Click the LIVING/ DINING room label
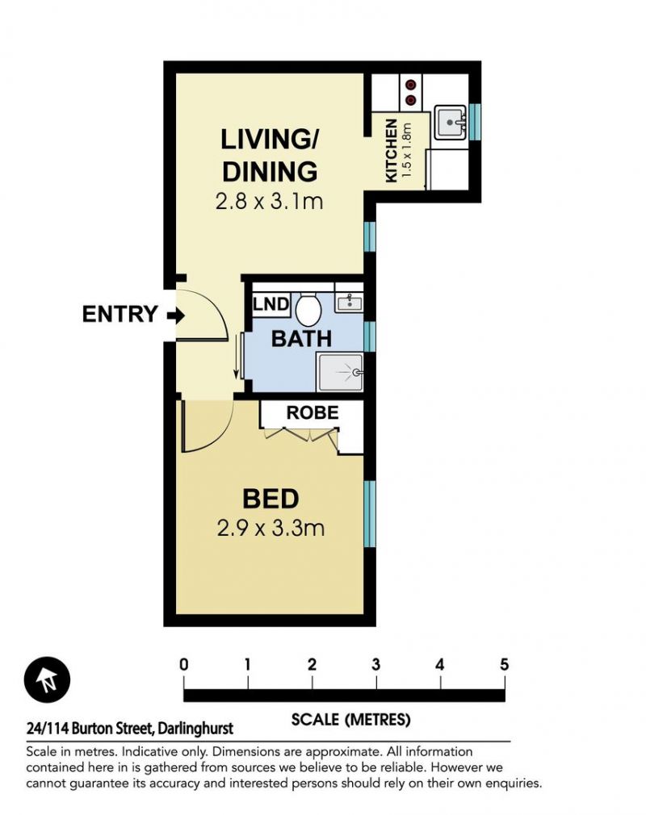click(x=270, y=156)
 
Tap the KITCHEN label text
click(x=392, y=151)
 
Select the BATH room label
click(x=302, y=339)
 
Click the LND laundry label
click(x=271, y=304)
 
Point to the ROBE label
click(x=313, y=412)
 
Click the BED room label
click(x=271, y=499)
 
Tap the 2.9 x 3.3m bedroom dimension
click(x=271, y=529)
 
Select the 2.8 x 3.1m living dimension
click(x=270, y=201)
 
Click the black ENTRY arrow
click(x=176, y=315)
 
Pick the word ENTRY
click(x=120, y=315)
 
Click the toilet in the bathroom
click(x=308, y=307)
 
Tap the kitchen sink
click(x=451, y=122)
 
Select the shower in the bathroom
click(x=340, y=372)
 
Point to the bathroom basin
click(x=349, y=302)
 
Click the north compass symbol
click(x=48, y=680)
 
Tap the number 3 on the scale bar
click(x=375, y=664)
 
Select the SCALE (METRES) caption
click(x=351, y=719)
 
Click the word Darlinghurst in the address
click(x=195, y=729)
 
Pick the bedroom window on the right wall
click(x=369, y=514)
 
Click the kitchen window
click(x=474, y=122)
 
